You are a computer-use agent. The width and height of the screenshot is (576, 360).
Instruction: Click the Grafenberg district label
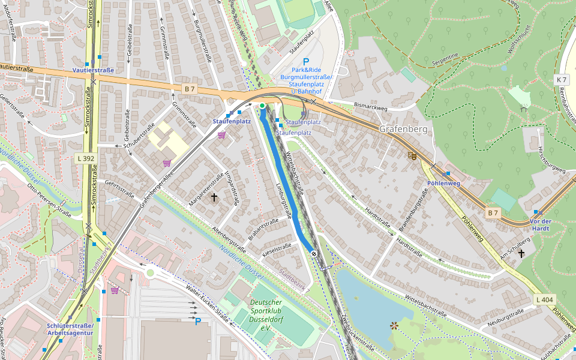pyautogui.click(x=403, y=129)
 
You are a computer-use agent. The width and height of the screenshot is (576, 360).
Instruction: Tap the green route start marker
pyautogui.click(x=262, y=106)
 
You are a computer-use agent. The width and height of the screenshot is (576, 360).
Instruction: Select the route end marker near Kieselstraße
pyautogui.click(x=314, y=254)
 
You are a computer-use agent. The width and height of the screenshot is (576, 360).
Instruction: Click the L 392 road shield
pyautogui.click(x=86, y=158)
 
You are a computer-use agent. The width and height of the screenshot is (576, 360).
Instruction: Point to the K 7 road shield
pyautogui.click(x=562, y=79)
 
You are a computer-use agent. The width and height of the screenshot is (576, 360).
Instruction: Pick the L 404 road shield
pyautogui.click(x=544, y=299)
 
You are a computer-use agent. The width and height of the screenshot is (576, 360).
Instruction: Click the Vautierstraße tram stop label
pyautogui.click(x=93, y=70)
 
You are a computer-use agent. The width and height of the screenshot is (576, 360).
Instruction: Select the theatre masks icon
pyautogui.click(x=412, y=155)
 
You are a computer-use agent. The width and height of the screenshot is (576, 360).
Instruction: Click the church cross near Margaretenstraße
pyautogui.click(x=214, y=197)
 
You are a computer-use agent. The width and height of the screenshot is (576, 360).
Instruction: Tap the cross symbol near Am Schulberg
pyautogui.click(x=521, y=254)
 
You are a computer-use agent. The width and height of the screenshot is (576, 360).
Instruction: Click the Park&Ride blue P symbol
pyautogui.click(x=306, y=61)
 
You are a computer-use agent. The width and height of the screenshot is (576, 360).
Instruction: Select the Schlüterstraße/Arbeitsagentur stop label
pyautogui.click(x=70, y=329)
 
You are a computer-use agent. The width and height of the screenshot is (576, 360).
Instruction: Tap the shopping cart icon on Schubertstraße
pyautogui.click(x=167, y=163)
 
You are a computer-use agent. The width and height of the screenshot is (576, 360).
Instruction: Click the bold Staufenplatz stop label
pyautogui.click(x=232, y=121)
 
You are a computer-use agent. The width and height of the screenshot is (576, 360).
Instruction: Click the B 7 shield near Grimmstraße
pyautogui.click(x=190, y=89)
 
